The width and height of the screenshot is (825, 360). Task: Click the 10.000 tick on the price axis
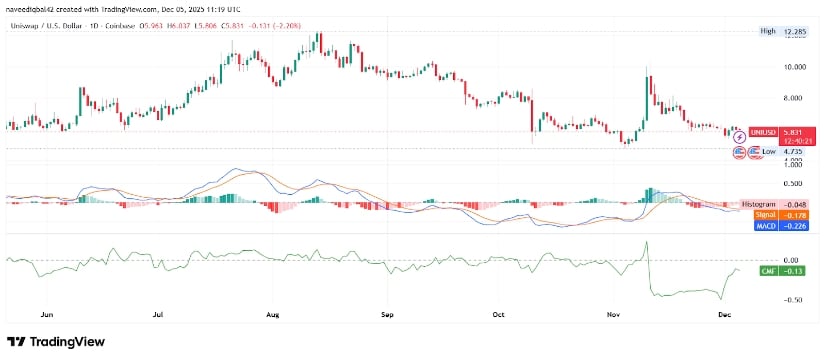(x=767, y=67)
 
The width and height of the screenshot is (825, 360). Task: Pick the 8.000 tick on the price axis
(x=769, y=98)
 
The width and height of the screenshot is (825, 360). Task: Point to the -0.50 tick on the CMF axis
(x=767, y=300)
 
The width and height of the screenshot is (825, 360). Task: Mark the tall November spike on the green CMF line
(x=647, y=243)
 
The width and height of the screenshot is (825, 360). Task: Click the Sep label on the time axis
(x=389, y=313)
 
